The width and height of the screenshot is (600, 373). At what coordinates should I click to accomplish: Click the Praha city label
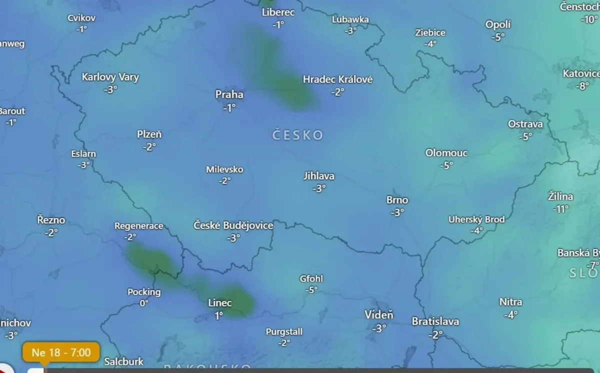(x=229, y=94)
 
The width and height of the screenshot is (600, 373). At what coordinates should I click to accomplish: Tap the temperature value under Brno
(x=397, y=212)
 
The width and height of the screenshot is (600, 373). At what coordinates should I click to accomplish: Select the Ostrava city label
(x=525, y=124)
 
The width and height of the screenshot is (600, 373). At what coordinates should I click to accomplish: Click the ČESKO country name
(x=297, y=135)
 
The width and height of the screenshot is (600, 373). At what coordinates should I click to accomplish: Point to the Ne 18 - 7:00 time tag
(x=61, y=353)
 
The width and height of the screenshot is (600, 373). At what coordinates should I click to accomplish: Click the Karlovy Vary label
(x=110, y=77)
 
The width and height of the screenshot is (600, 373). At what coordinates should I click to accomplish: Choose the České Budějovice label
(x=233, y=226)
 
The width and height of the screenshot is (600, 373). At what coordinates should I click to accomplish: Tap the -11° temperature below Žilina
(x=560, y=209)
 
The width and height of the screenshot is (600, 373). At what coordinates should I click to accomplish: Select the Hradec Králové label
(x=338, y=79)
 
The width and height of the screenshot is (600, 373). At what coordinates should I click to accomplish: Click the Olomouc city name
(x=446, y=153)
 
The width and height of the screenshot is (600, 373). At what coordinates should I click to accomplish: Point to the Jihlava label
(x=319, y=176)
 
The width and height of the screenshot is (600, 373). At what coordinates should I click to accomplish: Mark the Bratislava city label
(x=435, y=322)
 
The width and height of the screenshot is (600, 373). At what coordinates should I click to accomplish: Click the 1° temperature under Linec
(x=219, y=315)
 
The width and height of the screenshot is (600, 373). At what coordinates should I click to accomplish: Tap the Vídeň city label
(x=379, y=315)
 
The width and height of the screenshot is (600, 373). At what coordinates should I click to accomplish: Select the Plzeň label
(x=149, y=134)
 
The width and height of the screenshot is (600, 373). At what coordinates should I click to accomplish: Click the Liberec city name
(x=278, y=12)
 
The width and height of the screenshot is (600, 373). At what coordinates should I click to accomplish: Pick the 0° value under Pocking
(x=144, y=303)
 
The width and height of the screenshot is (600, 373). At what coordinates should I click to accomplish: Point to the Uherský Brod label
(x=476, y=219)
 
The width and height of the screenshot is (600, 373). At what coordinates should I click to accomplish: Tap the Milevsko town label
(x=224, y=169)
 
